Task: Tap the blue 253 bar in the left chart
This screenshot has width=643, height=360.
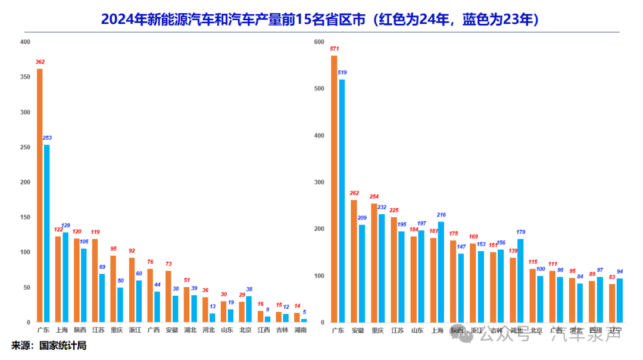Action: click(47, 233)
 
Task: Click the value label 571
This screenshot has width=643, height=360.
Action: click(334, 49)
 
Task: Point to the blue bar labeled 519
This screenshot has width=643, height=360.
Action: click(342, 201)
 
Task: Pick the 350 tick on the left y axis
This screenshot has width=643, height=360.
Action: click(24, 77)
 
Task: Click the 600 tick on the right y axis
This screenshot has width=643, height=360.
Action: click(319, 42)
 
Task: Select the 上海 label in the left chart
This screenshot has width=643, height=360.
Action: click(62, 330)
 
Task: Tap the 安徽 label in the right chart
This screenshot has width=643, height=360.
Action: click(358, 330)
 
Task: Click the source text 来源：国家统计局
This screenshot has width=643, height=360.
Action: click(49, 345)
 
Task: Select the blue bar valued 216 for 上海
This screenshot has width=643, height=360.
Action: click(441, 272)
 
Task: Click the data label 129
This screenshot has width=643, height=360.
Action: click(66, 226)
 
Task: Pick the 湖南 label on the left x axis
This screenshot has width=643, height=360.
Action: click(301, 330)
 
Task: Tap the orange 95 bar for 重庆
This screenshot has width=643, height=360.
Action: click(113, 289)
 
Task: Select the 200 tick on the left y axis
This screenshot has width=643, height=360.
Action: click(24, 182)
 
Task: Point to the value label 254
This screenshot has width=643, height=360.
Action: click(374, 196)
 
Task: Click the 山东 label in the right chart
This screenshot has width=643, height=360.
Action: click(417, 330)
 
